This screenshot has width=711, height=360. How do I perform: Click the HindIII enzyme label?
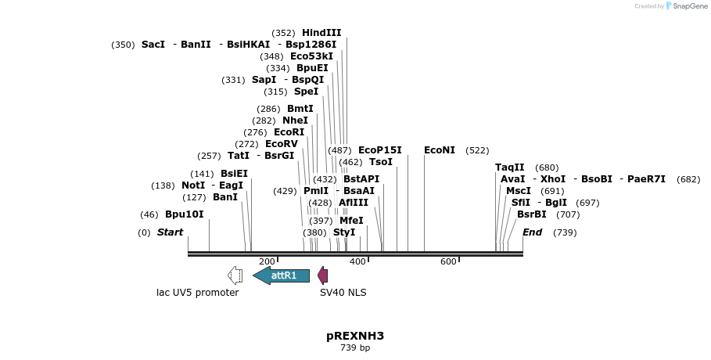tap(321, 33)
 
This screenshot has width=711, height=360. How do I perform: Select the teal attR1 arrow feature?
tap(282, 275)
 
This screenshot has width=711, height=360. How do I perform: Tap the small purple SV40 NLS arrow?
tap(322, 275)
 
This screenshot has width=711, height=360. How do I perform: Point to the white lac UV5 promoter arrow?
tap(235, 275)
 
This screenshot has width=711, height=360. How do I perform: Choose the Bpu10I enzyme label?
tap(184, 214)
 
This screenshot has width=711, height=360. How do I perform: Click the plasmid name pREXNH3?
tap(355, 336)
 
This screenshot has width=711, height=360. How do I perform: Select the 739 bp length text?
tap(355, 347)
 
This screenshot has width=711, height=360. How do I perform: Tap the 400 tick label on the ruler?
tap(357, 261)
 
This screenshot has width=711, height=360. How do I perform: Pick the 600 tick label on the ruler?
tap(448, 261)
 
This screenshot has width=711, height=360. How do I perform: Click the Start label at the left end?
tap(170, 232)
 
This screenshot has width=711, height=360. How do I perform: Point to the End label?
tap(532, 232)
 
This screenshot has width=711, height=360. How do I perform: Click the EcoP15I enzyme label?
tap(379, 150)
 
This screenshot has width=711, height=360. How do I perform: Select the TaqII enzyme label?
tap(510, 167)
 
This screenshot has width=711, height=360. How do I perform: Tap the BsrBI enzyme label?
tap(532, 214)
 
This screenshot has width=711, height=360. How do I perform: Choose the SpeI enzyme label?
tap(306, 92)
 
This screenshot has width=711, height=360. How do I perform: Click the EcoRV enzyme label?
tap(282, 144)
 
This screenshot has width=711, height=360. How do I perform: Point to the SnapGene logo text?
tap(686, 6)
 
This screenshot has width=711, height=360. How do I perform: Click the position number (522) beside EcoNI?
tap(477, 150)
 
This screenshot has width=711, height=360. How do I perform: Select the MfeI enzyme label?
tap(351, 221)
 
